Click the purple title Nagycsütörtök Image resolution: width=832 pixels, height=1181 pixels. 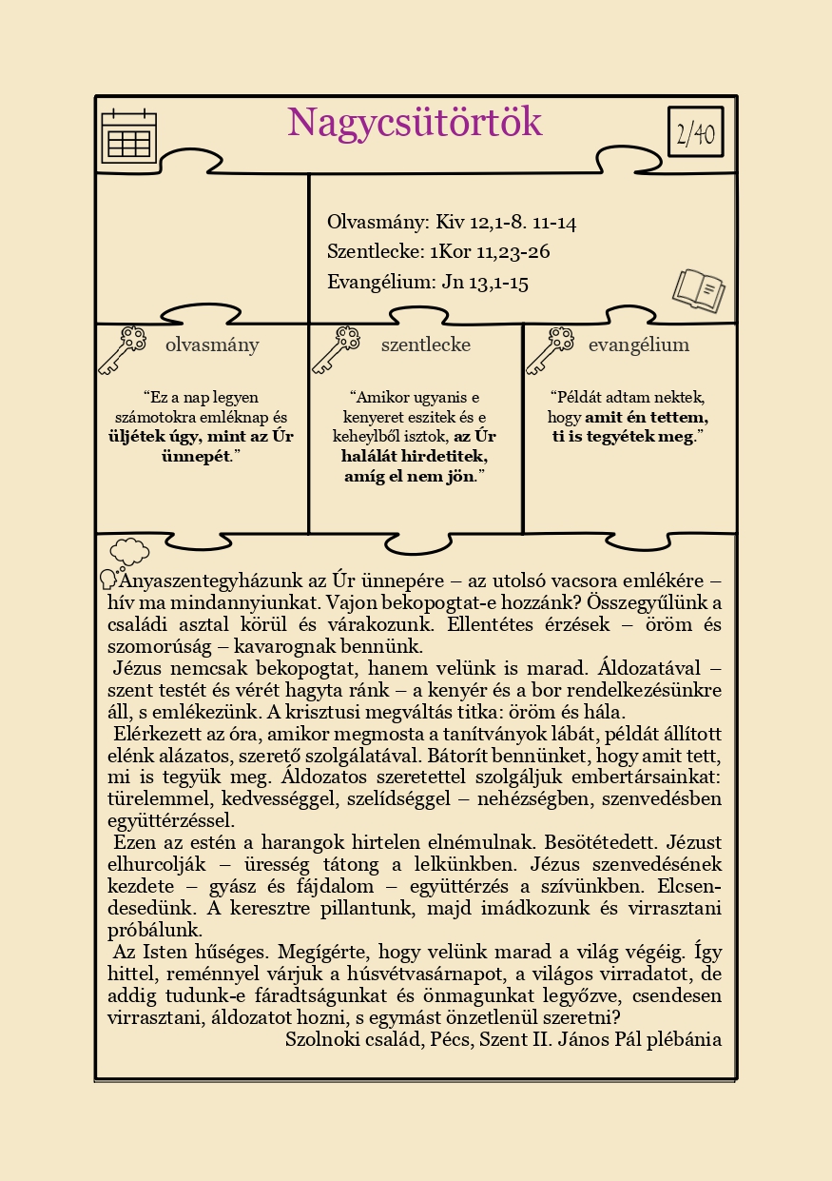[415, 124]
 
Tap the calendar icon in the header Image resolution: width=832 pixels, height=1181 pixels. [128, 138]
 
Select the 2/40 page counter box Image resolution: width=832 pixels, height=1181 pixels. [695, 132]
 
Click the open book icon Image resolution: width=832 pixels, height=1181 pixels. [699, 289]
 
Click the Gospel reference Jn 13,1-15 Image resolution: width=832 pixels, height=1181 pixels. [484, 282]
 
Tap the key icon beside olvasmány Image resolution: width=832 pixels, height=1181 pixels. [122, 349]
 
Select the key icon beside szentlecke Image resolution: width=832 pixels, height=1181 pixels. [336, 349]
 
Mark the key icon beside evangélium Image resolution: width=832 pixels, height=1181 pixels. [550, 349]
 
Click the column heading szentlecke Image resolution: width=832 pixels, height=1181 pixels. [426, 345]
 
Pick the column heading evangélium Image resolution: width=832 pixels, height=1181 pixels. [639, 345]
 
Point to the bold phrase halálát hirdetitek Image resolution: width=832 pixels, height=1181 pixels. [415, 456]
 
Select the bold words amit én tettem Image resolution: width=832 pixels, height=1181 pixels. [647, 417]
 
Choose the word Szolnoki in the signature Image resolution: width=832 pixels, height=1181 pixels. [320, 1038]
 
